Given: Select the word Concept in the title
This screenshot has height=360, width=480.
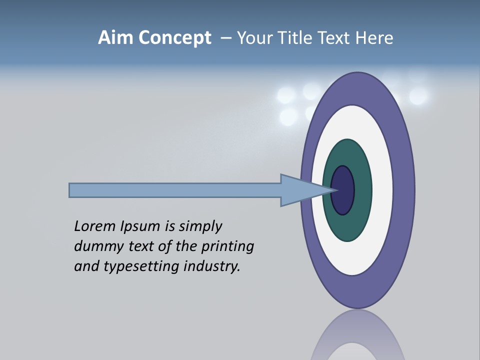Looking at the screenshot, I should pyautogui.click(x=174, y=38).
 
